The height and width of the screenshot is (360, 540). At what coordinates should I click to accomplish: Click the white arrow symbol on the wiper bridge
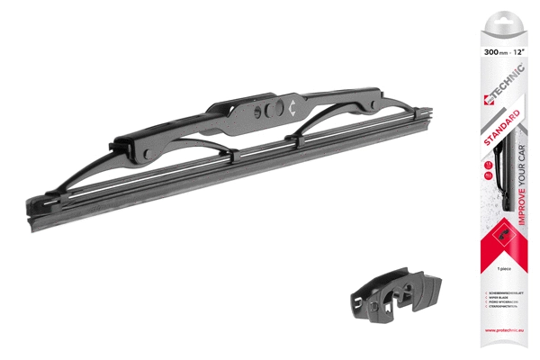click(293, 106)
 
